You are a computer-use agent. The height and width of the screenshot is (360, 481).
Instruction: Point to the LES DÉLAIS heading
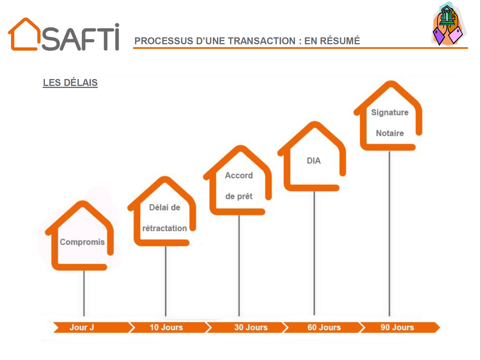point(70,82)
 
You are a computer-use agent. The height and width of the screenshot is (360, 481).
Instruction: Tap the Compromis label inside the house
point(82,242)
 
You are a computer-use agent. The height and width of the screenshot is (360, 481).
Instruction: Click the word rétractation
point(165,228)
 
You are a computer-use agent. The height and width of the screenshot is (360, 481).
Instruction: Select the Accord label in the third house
point(239,175)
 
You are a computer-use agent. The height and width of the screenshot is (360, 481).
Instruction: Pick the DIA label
point(314,161)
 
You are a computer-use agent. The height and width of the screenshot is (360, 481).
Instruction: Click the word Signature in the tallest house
point(390,113)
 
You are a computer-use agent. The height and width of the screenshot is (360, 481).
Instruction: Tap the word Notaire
point(390,133)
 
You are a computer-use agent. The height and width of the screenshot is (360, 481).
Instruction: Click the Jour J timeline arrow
point(91,327)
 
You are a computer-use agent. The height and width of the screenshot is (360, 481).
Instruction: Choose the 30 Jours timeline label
point(251,327)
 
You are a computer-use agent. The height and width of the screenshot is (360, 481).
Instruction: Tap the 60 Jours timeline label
point(324,327)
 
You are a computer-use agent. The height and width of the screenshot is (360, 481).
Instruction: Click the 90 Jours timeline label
point(397,327)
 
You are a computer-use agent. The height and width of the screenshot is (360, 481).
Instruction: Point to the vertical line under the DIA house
point(314,253)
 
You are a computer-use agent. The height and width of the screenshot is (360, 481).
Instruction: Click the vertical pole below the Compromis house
point(84,293)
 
